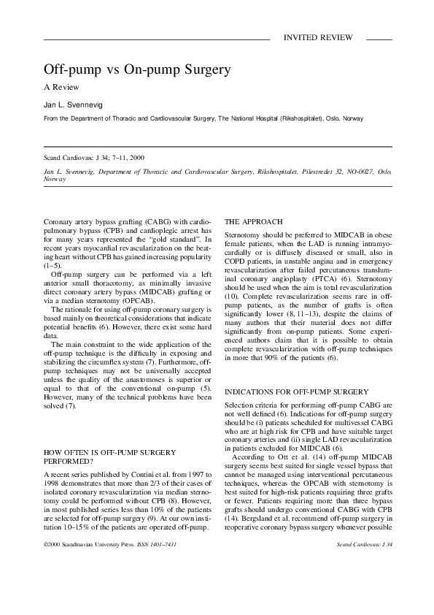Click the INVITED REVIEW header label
tap(318, 37)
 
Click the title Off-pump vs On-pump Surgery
tap(138, 71)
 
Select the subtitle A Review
tap(64, 88)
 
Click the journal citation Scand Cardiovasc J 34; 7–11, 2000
tap(94, 158)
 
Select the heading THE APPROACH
tap(255, 221)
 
